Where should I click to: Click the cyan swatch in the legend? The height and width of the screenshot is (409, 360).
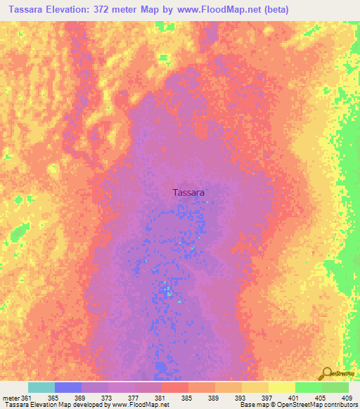click(x=41, y=387)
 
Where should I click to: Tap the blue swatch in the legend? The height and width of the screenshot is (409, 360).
click(x=68, y=387)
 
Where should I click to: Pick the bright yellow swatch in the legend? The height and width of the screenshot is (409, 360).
click(x=282, y=387)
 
